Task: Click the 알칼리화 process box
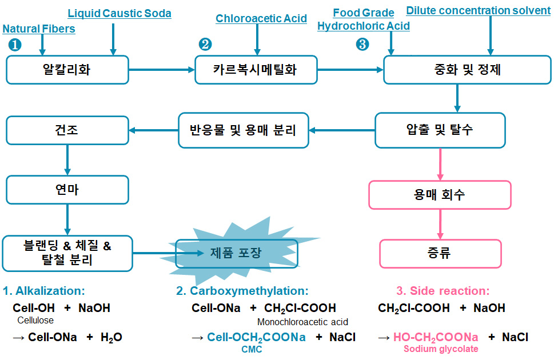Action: click(x=67, y=70)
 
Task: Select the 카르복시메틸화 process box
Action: click(x=255, y=70)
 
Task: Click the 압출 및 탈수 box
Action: click(x=440, y=130)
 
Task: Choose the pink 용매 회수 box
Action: click(x=440, y=195)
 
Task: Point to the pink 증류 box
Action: click(x=440, y=253)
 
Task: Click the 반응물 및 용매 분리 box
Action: click(x=243, y=130)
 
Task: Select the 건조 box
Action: click(x=67, y=130)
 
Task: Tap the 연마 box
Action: click(x=67, y=190)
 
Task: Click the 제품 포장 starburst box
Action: click(x=236, y=253)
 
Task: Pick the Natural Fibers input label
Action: click(x=39, y=29)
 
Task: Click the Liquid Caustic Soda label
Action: click(x=119, y=13)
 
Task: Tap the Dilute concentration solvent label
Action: click(x=478, y=11)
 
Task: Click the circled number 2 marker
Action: click(x=205, y=44)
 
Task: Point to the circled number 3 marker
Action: click(x=362, y=44)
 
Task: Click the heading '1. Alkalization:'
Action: click(x=44, y=291)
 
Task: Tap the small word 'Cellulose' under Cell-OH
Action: click(x=35, y=320)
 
